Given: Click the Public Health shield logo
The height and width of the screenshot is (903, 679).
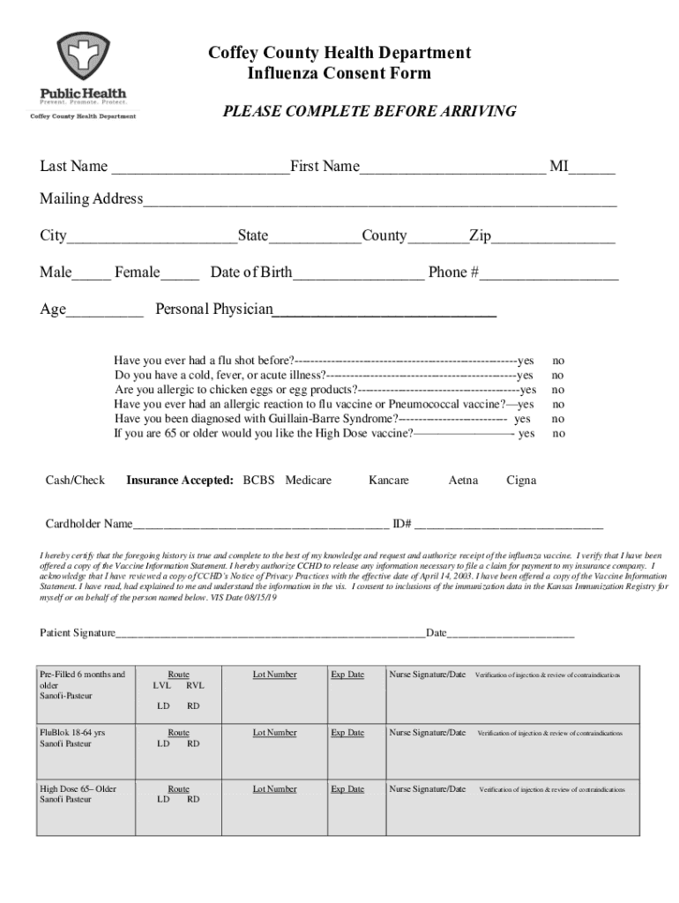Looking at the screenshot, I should click(84, 57).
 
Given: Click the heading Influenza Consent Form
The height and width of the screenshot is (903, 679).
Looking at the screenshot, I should click(339, 73).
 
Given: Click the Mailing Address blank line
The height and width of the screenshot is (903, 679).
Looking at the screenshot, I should click(379, 202).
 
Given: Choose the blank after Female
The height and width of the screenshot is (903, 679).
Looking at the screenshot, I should click(180, 275).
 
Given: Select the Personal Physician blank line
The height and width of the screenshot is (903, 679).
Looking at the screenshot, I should click(384, 312).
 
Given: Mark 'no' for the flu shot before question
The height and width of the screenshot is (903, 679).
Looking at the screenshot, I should click(558, 361).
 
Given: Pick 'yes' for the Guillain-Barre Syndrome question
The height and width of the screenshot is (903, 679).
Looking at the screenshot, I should click(523, 419).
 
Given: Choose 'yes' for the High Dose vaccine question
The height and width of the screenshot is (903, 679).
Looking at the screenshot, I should click(526, 434).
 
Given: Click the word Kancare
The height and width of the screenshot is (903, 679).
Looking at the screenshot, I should click(389, 481).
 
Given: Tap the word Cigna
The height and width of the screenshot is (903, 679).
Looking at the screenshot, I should click(521, 481).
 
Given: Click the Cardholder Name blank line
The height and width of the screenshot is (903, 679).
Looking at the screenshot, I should click(261, 526).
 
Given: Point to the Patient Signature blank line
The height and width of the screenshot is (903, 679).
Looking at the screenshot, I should click(271, 636).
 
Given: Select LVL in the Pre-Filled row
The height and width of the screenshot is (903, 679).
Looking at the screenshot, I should click(162, 685).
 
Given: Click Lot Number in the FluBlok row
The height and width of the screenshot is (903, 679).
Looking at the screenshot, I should click(274, 733).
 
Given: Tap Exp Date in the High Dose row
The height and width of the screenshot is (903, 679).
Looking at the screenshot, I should click(347, 789).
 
